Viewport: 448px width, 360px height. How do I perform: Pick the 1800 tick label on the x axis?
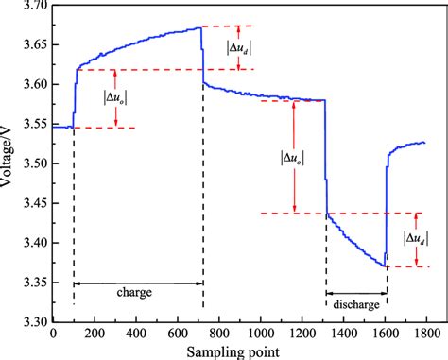[425, 333]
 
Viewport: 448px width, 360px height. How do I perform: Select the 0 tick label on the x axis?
[53, 333]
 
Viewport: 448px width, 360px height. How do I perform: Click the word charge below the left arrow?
[136, 293]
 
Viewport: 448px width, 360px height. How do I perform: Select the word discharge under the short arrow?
[356, 304]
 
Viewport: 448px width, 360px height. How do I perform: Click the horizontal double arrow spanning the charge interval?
[138, 282]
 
